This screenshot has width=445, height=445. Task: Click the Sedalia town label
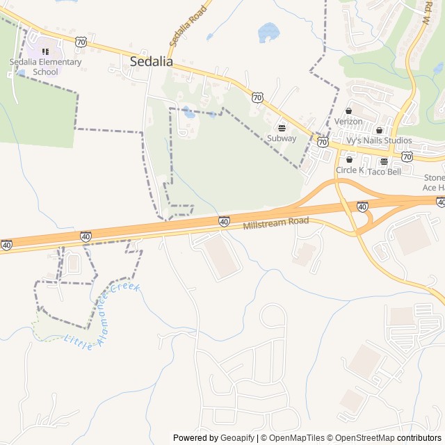point(152,61)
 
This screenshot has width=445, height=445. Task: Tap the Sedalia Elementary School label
point(45,67)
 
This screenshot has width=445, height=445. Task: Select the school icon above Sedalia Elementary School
point(45,51)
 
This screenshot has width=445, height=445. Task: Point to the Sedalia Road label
point(188,26)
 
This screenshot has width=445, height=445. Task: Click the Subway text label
point(282,138)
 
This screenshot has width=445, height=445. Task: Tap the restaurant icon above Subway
point(282,127)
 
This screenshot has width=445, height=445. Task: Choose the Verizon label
point(348,121)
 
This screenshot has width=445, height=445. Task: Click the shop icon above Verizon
point(349,111)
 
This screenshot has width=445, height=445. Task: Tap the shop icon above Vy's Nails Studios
point(379,130)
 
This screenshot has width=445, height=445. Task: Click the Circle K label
point(350,170)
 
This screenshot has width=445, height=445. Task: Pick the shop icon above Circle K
point(349,159)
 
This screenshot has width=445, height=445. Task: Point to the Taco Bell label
point(384,171)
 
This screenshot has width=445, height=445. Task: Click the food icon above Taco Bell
point(384,161)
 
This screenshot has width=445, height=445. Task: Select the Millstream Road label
point(275,224)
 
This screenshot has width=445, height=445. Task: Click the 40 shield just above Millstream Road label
point(224,221)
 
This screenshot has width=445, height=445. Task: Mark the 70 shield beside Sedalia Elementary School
point(82,42)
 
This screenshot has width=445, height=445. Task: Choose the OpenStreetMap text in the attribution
point(361,438)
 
